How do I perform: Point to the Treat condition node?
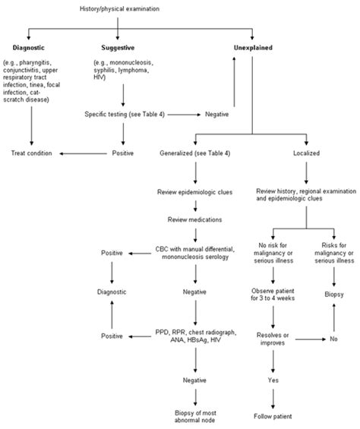(x=32, y=153)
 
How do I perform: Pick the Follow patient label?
(x=270, y=415)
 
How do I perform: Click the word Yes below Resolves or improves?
(x=270, y=377)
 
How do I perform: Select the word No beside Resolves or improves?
(x=332, y=340)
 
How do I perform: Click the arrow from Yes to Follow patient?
(x=270, y=396)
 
